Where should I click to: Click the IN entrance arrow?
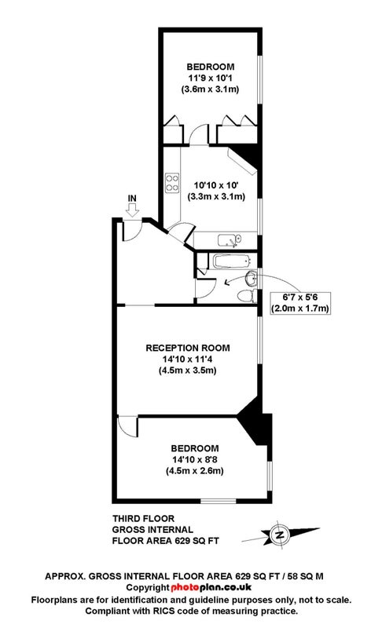point(132,209)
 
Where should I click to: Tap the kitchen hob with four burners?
point(172,182)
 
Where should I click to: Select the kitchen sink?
point(230,240)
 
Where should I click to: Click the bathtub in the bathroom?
point(232,261)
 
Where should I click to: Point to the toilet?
point(247,296)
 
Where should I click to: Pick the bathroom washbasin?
point(252,279)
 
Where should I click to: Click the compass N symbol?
point(280,535)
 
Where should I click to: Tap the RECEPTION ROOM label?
point(188,348)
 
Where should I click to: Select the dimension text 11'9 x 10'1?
point(210,78)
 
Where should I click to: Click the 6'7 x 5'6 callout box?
point(301,303)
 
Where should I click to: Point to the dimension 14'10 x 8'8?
point(194,459)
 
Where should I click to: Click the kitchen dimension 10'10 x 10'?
point(217,185)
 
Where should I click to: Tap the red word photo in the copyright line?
point(185,587)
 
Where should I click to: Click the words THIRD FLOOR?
point(143,519)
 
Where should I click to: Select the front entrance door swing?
point(132,231)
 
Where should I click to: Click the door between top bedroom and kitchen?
point(200,134)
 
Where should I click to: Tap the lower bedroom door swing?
point(128,427)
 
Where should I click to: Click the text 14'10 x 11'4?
point(188,360)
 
